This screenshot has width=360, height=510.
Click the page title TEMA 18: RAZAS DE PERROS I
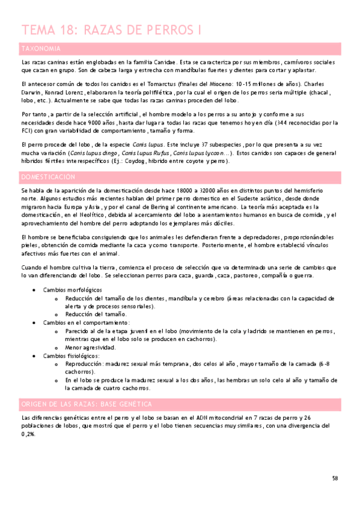111,30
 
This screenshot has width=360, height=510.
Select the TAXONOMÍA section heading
40,48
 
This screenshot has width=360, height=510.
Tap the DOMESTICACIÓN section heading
48,177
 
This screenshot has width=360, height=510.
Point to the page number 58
335,478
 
